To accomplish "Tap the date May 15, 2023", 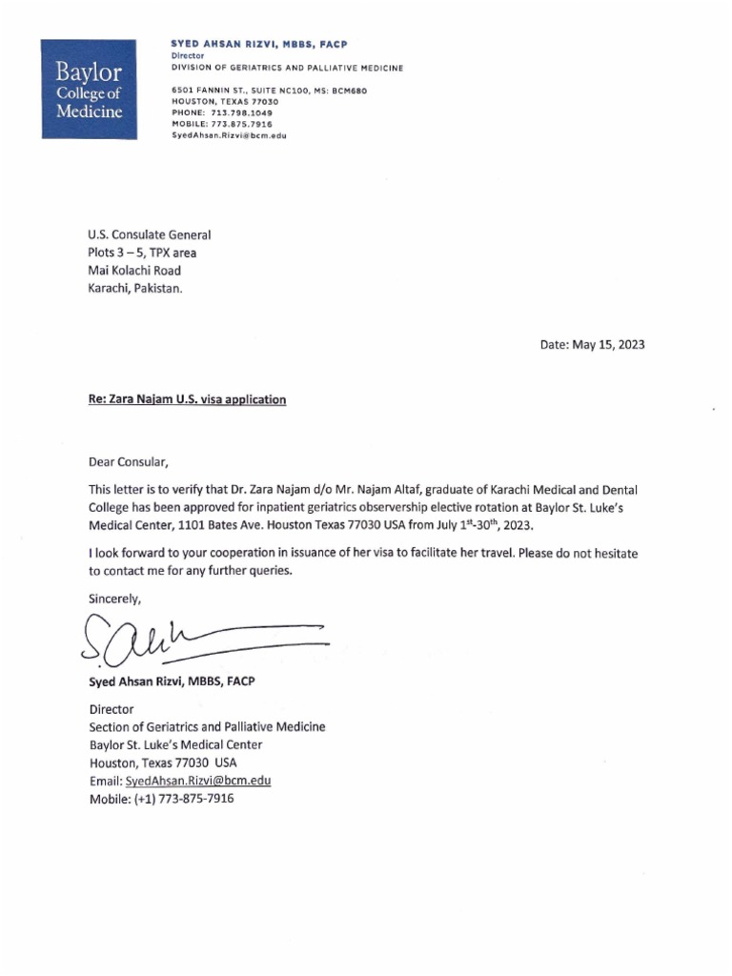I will coord(592,345).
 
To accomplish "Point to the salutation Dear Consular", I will coord(128,463).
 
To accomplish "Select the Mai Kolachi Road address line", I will coord(133,271).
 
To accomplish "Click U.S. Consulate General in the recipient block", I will coord(149,234).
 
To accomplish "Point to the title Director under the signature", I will coord(112,709).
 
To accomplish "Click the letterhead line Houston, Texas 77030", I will coord(224,101).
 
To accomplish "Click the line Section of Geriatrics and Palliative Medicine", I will coord(207,727).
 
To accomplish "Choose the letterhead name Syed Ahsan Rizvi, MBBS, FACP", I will coord(259,45).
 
